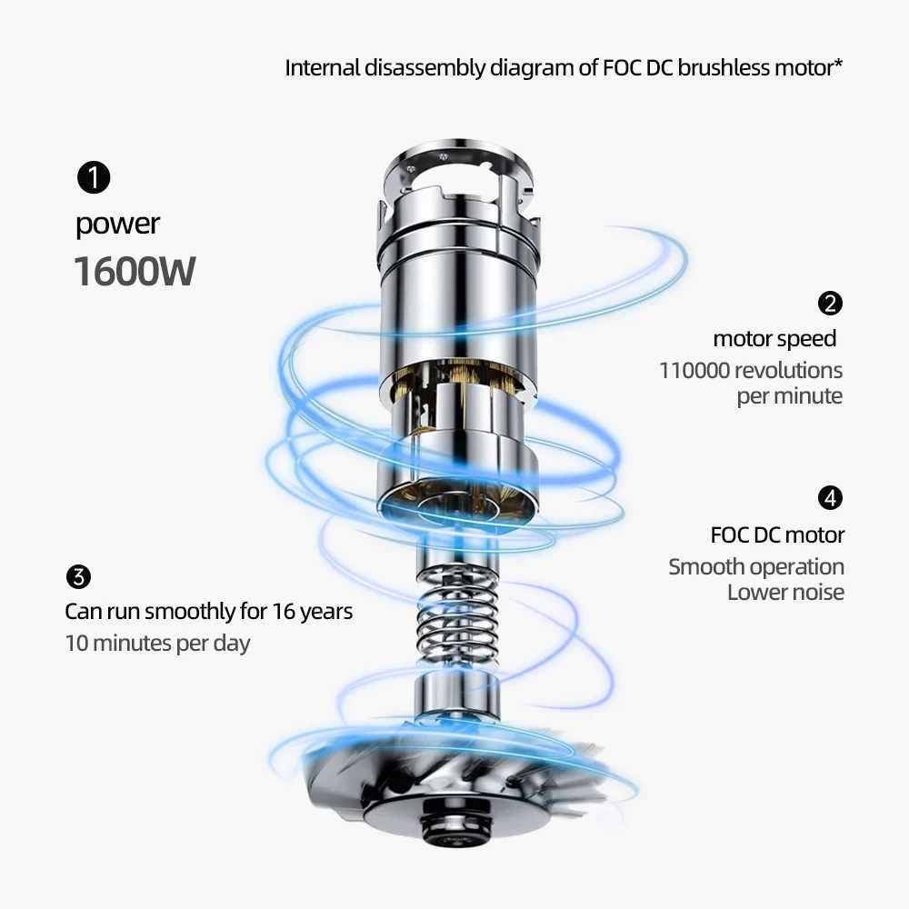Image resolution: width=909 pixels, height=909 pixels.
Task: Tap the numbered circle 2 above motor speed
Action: tap(830, 304)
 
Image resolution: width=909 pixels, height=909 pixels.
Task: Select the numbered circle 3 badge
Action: tap(79, 576)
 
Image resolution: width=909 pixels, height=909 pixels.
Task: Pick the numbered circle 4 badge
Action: tap(830, 498)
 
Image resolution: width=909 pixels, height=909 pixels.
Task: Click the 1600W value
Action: tap(134, 271)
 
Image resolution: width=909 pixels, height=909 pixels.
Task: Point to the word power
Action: tap(117, 225)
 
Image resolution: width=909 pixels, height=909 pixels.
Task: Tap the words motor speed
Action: tap(774, 339)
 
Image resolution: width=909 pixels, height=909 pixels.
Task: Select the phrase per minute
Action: tap(789, 396)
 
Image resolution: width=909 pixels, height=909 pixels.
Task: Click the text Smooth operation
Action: tap(756, 567)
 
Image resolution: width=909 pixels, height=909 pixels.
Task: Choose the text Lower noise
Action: tap(785, 593)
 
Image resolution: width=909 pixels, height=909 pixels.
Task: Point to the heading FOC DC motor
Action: tap(777, 534)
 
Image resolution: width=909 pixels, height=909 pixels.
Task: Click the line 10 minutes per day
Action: tap(157, 644)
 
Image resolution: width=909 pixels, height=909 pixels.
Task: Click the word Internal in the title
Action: tap(324, 68)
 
